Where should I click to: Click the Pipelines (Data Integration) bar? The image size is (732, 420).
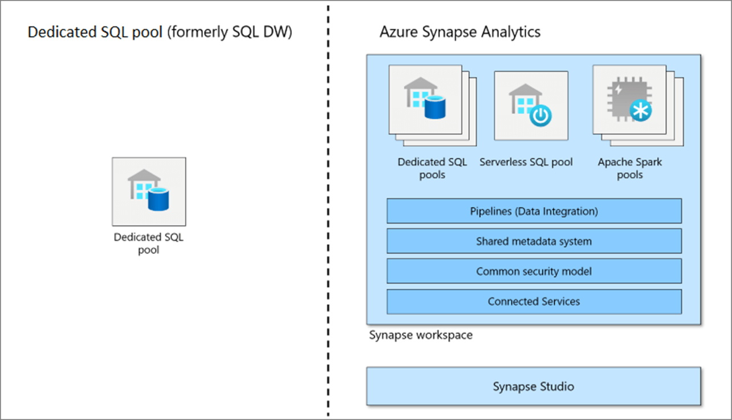tap(534, 211)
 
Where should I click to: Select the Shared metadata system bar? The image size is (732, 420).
tap(534, 241)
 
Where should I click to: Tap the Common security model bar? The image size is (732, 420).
tap(534, 272)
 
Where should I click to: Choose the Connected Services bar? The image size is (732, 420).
tap(534, 301)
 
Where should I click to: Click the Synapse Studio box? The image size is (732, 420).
tap(533, 386)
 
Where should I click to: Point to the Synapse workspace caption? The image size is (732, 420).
tap(421, 335)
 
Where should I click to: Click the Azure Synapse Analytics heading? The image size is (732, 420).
tap(460, 32)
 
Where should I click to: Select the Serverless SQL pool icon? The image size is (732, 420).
tap(531, 106)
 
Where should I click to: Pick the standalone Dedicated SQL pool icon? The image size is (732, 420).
tap(149, 192)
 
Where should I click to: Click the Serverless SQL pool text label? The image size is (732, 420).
tap(526, 162)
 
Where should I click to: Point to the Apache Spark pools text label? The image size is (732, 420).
tap(630, 168)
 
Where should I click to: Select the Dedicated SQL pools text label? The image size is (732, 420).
tap(432, 168)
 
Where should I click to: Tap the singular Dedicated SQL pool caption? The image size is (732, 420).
tap(149, 243)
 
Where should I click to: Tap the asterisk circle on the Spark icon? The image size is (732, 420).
tap(641, 111)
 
